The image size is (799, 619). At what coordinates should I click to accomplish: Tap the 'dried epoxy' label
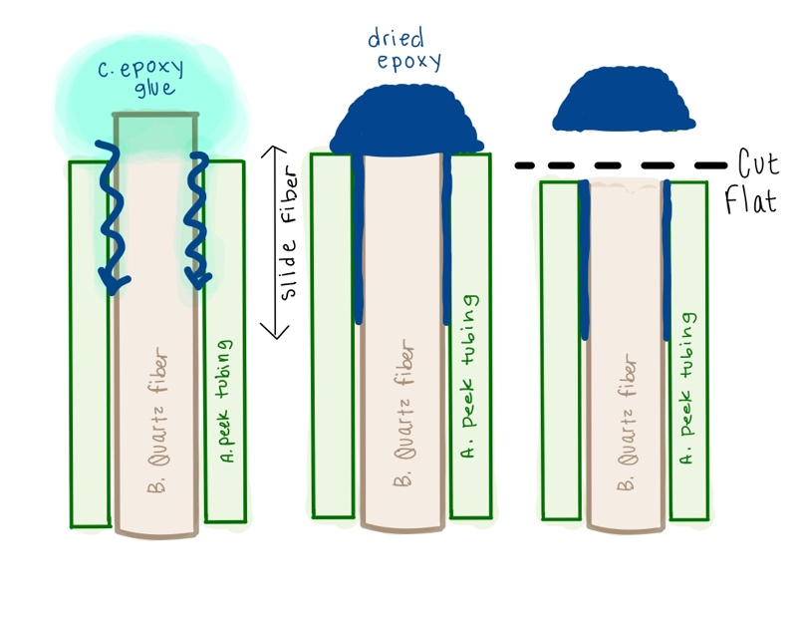[402, 49]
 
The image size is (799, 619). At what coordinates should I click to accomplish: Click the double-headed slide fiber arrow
[268, 239]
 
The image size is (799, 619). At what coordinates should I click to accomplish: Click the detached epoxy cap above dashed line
[624, 103]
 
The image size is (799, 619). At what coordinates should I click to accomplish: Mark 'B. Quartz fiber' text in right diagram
[628, 419]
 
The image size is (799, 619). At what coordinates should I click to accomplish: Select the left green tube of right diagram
[560, 349]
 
